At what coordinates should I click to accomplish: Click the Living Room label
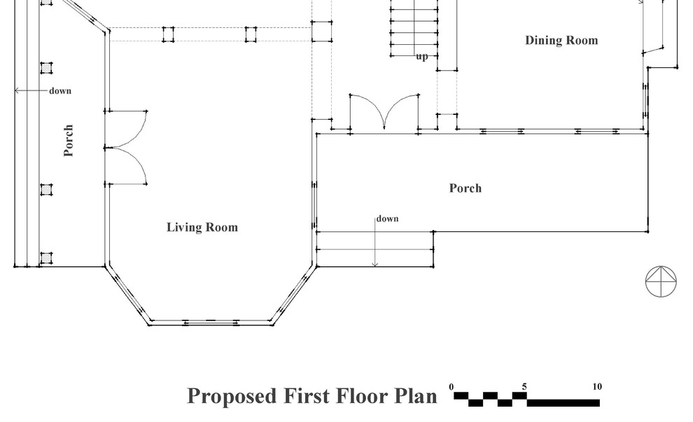[x=202, y=227]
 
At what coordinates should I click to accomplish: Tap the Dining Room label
[x=561, y=40]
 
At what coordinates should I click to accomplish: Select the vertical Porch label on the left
[x=68, y=140]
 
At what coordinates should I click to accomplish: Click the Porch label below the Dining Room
[x=465, y=188]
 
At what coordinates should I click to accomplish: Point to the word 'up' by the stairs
[x=422, y=57]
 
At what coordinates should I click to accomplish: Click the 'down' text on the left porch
[x=60, y=90]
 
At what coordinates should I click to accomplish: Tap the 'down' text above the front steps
[x=388, y=219]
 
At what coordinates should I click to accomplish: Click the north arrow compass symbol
[x=661, y=281]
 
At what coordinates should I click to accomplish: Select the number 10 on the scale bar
[x=597, y=386]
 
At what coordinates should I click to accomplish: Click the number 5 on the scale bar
[x=524, y=386]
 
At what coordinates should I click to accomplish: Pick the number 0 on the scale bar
[x=451, y=386]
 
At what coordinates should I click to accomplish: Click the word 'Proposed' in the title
[x=232, y=396]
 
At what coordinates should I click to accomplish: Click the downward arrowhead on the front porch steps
[x=374, y=264]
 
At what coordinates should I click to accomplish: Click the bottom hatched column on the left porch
[x=46, y=258]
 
